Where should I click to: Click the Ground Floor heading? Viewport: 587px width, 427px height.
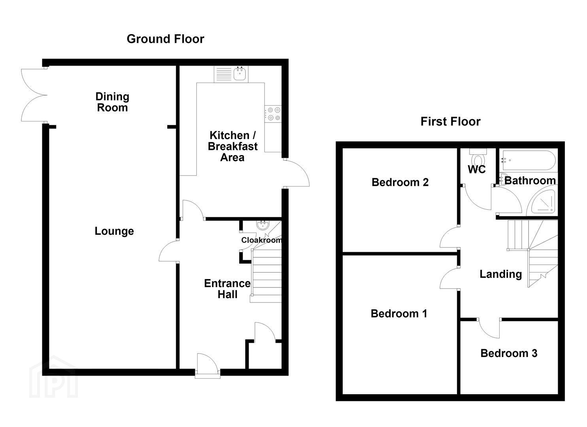tap(165, 39)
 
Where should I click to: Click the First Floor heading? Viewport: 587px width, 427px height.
tap(451, 122)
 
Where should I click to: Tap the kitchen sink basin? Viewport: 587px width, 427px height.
tap(240, 74)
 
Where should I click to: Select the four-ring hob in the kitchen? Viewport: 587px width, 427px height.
tap(273, 114)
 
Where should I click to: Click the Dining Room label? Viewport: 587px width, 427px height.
tap(112, 102)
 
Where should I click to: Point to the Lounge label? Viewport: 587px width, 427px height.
tap(114, 231)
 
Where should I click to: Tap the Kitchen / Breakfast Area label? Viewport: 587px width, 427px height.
tap(233, 146)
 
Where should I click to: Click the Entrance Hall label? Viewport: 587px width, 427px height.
tap(227, 289)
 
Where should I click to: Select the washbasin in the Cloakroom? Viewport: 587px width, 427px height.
tap(262, 225)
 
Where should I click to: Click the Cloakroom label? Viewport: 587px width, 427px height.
tap(261, 240)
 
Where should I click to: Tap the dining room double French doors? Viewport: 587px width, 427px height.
tap(34, 95)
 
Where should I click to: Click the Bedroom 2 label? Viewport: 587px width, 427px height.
tap(400, 182)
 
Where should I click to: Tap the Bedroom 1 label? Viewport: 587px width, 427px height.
tap(399, 314)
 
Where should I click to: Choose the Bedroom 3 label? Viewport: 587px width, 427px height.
tap(509, 353)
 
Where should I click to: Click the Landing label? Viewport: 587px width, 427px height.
tap(501, 274)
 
